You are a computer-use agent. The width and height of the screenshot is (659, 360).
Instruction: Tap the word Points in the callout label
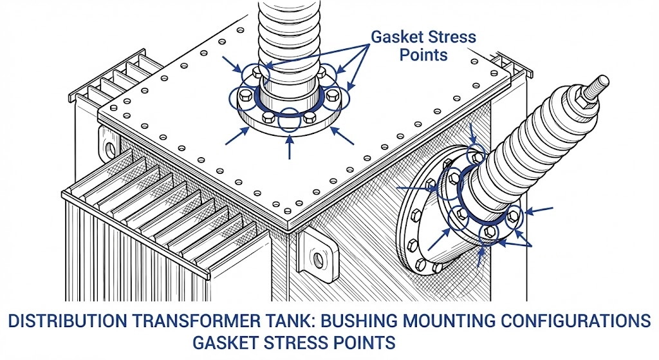pos(423,54)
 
